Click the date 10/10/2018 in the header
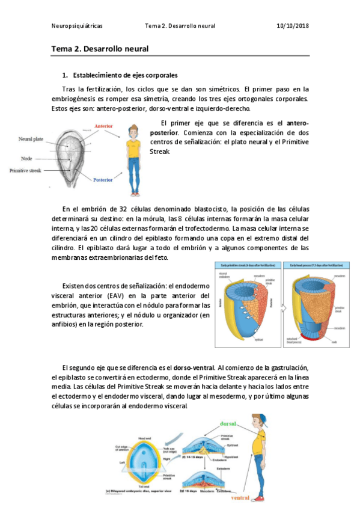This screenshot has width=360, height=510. tap(293, 26)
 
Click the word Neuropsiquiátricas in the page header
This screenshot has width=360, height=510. tap(76, 26)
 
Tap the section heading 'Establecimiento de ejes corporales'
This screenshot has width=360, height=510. tap(125, 76)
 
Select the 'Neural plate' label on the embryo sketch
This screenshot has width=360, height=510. tap(31, 139)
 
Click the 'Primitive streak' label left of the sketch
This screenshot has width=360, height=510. tap(26, 171)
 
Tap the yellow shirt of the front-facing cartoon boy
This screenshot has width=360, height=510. tap(133, 148)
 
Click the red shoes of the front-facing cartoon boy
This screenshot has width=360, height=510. tap(133, 192)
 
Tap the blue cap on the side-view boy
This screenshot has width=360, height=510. tap(258, 418)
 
